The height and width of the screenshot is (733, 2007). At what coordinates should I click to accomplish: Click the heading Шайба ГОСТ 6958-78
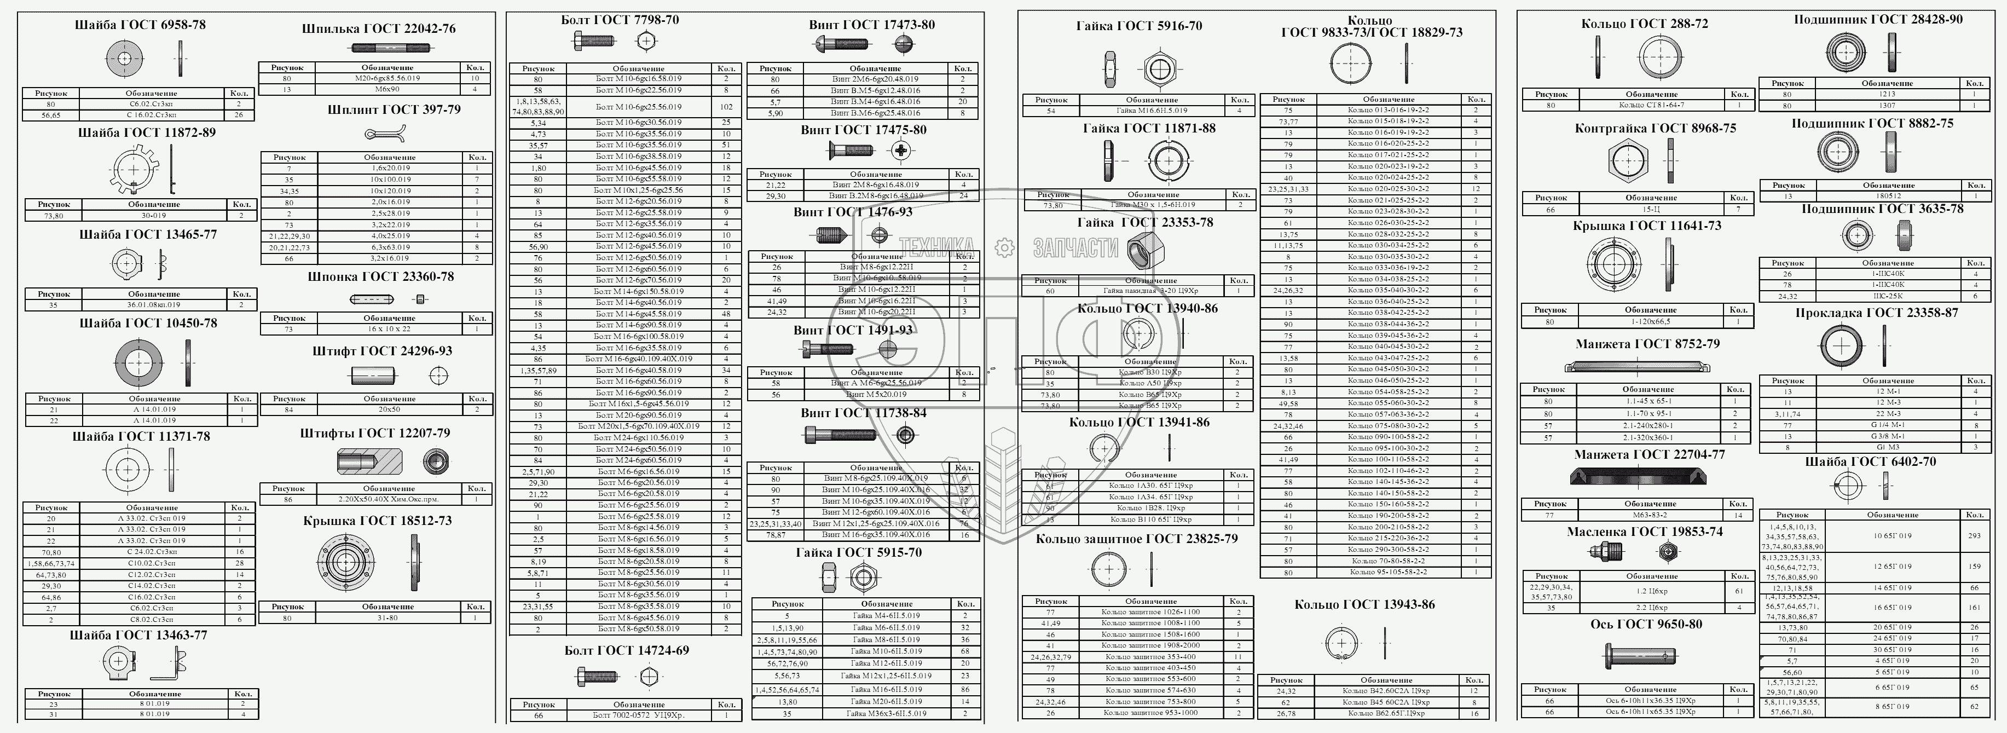(140, 25)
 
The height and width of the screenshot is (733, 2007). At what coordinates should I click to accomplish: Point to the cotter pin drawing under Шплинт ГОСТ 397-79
(384, 134)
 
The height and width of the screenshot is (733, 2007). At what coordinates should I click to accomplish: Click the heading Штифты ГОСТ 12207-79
(375, 433)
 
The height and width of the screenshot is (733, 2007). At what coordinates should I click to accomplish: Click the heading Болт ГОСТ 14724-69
(627, 650)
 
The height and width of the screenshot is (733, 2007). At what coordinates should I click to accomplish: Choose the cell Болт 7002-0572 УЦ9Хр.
(638, 715)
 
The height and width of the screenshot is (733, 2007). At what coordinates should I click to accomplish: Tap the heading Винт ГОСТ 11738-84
(863, 413)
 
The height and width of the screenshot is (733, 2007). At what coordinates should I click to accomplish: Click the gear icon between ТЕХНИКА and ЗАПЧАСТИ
(1004, 247)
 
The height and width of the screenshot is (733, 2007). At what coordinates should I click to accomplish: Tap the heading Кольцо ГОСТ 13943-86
(1364, 604)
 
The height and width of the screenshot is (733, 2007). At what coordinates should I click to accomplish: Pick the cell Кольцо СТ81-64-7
(1650, 105)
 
